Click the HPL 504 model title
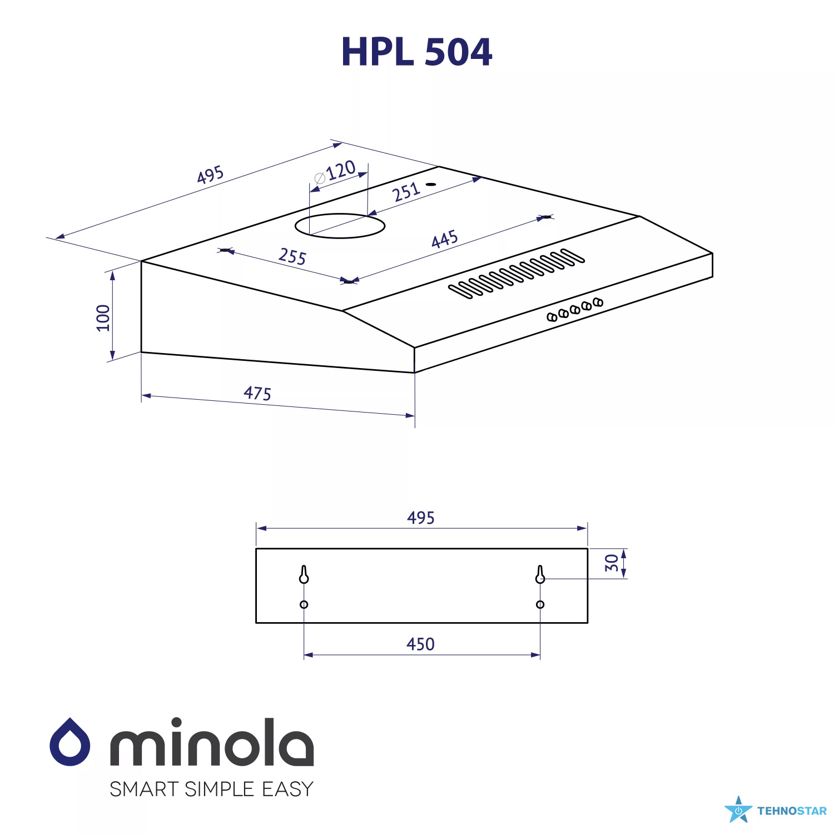tap(416, 52)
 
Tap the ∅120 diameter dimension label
tap(335, 172)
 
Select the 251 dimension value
tap(406, 192)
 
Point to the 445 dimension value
tap(445, 239)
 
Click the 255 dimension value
tap(292, 256)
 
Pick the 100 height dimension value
tap(103, 318)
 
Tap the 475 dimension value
tap(257, 393)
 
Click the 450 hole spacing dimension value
tap(420, 644)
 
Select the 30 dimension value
tap(612, 563)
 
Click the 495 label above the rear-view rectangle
tap(421, 518)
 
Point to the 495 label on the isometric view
tap(211, 175)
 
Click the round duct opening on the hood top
tap(340, 226)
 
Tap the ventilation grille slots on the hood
tap(517, 273)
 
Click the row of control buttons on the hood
tap(575, 310)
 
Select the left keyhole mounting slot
tap(304, 574)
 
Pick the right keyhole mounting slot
tap(540, 574)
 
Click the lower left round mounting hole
tap(304, 604)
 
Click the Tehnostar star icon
tap(738, 810)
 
